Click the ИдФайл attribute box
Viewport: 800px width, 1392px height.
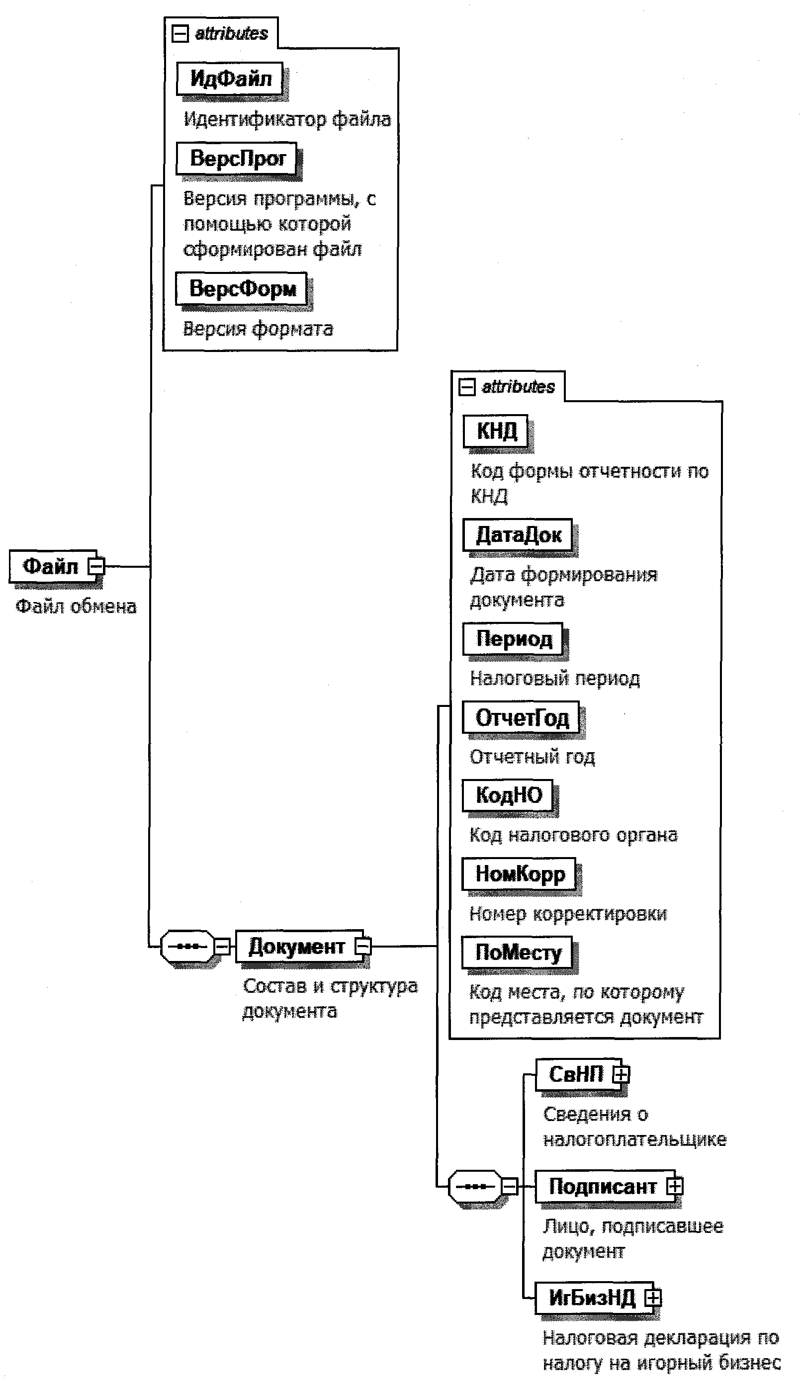pyautogui.click(x=230, y=79)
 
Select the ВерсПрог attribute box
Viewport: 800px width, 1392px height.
pyautogui.click(x=237, y=158)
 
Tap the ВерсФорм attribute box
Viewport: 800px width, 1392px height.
pyautogui.click(x=242, y=288)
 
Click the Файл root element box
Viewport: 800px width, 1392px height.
pyautogui.click(x=49, y=566)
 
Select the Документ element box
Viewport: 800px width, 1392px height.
pyautogui.click(x=297, y=947)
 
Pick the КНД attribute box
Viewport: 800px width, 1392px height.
pyautogui.click(x=496, y=431)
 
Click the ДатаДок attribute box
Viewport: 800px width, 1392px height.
pyautogui.click(x=518, y=534)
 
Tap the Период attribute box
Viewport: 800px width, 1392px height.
pyautogui.click(x=513, y=638)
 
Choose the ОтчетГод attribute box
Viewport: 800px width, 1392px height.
pyautogui.click(x=521, y=717)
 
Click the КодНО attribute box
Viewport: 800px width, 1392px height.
pyautogui.click(x=508, y=795)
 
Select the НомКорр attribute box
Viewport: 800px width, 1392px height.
pyautogui.click(x=519, y=873)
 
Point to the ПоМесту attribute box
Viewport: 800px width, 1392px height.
pyautogui.click(x=517, y=952)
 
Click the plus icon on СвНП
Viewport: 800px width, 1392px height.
pyautogui.click(x=621, y=1074)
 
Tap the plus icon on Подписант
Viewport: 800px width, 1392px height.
pyautogui.click(x=674, y=1187)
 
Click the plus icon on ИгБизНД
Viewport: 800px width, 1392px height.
pyautogui.click(x=653, y=1298)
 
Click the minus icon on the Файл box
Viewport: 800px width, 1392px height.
pyautogui.click(x=96, y=566)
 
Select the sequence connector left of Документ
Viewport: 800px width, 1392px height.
pyautogui.click(x=187, y=947)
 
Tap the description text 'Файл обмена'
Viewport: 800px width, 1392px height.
pyautogui.click(x=76, y=607)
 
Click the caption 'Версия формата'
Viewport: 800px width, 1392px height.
pyautogui.click(x=258, y=329)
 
